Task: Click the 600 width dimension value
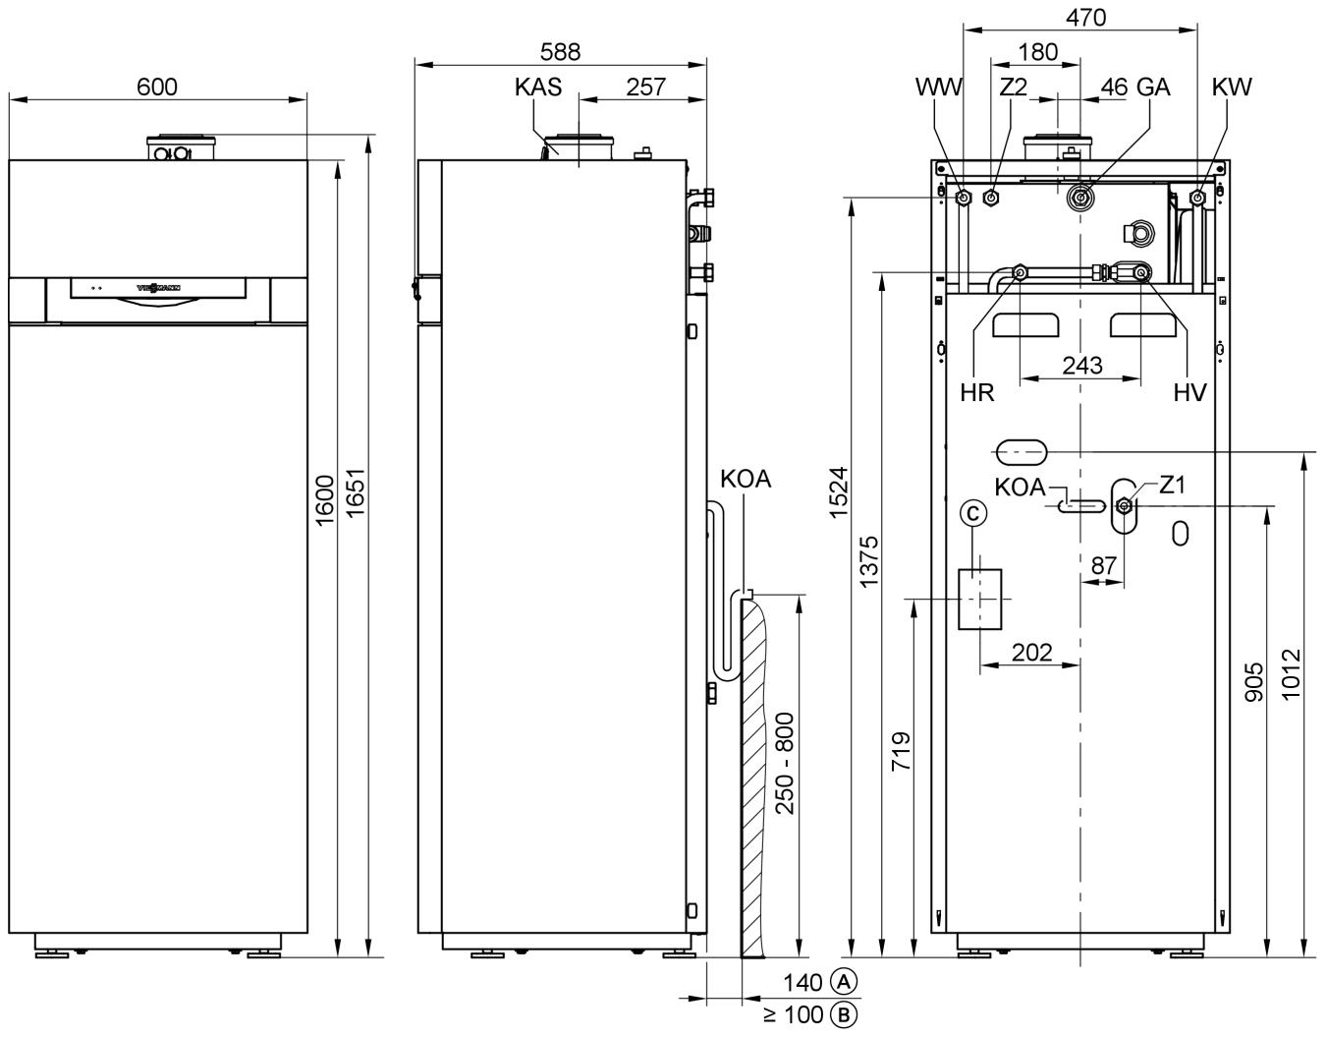[x=157, y=86]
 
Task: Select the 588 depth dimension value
[x=560, y=52]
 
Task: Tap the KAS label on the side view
[x=538, y=86]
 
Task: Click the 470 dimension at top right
[x=1085, y=17]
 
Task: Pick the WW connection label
[x=939, y=86]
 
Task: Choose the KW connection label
[x=1232, y=86]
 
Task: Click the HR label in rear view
[x=977, y=393]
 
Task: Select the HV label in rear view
[x=1189, y=393]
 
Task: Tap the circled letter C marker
[x=972, y=512]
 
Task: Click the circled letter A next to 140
[x=844, y=981]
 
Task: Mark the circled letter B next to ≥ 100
[x=843, y=1014]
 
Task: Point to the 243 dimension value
[x=1082, y=366]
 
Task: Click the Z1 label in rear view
[x=1173, y=485]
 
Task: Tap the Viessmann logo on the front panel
[x=157, y=288]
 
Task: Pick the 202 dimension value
[x=1031, y=651]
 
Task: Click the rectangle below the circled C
[x=980, y=599]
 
